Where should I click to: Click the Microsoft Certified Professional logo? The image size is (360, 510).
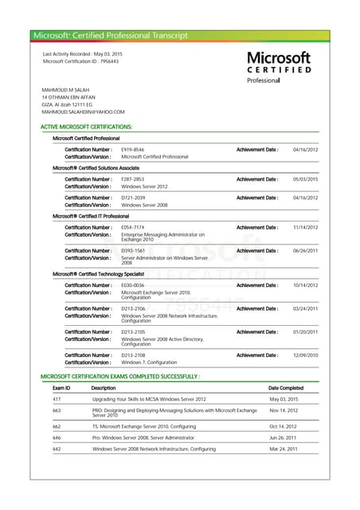tap(278, 67)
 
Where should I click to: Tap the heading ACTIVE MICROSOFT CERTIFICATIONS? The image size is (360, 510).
tap(86, 127)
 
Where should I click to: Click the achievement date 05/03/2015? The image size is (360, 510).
tap(305, 179)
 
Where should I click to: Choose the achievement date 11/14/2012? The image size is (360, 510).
tap(305, 228)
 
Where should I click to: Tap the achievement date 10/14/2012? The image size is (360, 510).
tap(305, 285)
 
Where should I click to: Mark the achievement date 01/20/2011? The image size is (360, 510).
tap(305, 331)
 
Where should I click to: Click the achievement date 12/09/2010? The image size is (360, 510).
tap(305, 355)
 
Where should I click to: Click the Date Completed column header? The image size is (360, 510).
tap(286, 388)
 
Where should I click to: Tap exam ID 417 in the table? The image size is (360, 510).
tap(57, 398)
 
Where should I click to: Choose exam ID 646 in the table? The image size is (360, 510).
tap(57, 437)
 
